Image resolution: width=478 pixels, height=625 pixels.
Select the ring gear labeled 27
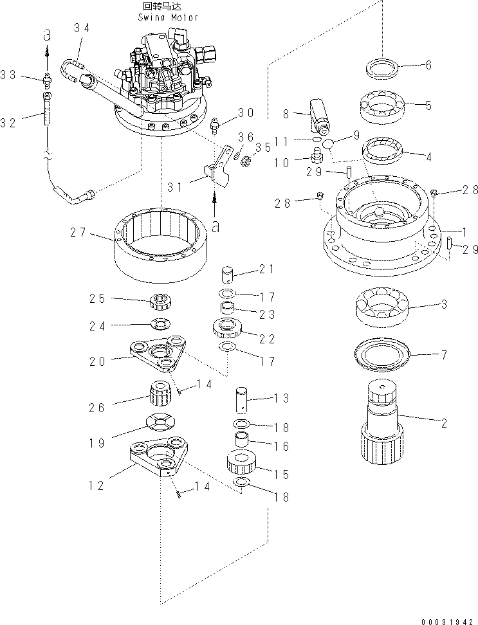click(x=163, y=248)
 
